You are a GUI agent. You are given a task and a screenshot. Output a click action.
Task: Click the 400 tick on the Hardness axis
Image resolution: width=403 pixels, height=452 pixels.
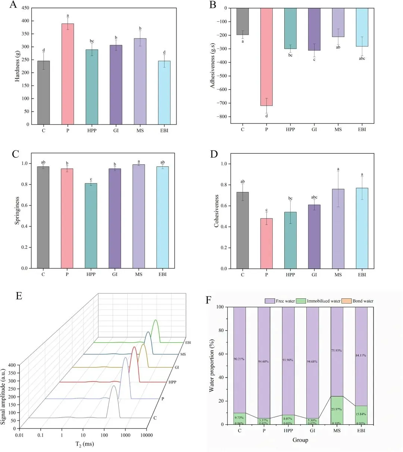coord(26,21)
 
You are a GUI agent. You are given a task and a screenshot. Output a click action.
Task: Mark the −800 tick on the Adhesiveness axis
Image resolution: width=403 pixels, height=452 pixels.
coord(223,117)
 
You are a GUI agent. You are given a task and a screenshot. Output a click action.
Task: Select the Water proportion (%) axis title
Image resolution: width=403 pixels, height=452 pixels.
coord(212,365)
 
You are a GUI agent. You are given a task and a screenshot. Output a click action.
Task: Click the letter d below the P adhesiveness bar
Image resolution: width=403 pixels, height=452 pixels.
coord(266,116)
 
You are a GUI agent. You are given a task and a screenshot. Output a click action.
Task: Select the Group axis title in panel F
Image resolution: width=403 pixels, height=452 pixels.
coord(300,440)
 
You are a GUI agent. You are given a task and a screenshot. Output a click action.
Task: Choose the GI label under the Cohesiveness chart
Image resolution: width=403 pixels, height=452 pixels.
coord(314,275)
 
